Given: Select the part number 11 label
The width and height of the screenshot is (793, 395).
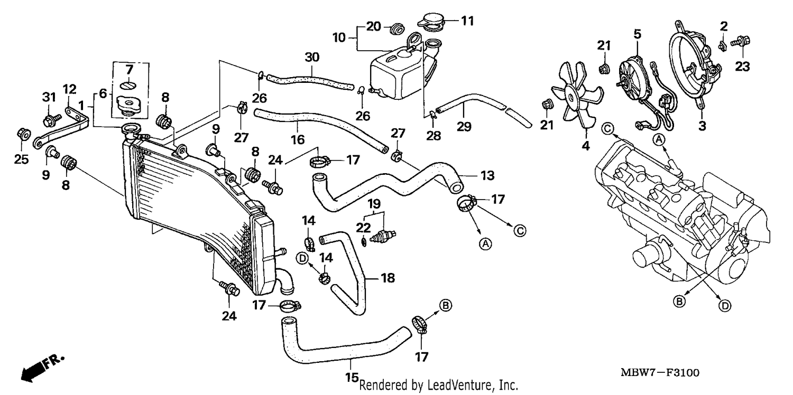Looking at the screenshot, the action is click(x=467, y=21).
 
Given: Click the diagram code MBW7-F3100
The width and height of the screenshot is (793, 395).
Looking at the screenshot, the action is click(x=660, y=373).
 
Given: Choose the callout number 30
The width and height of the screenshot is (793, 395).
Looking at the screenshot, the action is click(x=312, y=57).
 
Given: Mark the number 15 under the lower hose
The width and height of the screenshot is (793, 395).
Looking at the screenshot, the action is click(x=352, y=378).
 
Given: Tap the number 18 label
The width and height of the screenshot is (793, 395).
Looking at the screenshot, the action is click(x=388, y=278).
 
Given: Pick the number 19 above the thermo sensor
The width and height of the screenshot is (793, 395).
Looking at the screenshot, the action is click(x=374, y=204).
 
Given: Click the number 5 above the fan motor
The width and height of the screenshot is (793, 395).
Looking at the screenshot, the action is click(x=637, y=34).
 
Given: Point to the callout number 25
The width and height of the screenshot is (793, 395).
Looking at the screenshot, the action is click(x=21, y=159).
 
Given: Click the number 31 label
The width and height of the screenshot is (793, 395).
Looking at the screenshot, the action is click(x=49, y=97).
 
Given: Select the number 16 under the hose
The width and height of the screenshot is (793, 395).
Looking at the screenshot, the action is click(x=298, y=140).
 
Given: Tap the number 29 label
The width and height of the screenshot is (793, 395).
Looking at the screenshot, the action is click(x=464, y=127).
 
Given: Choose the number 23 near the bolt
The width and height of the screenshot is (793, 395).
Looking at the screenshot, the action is click(x=742, y=66).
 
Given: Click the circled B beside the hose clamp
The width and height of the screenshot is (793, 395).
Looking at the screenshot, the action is click(x=445, y=305).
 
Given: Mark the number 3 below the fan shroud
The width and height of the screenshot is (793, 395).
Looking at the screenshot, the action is click(x=703, y=126).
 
